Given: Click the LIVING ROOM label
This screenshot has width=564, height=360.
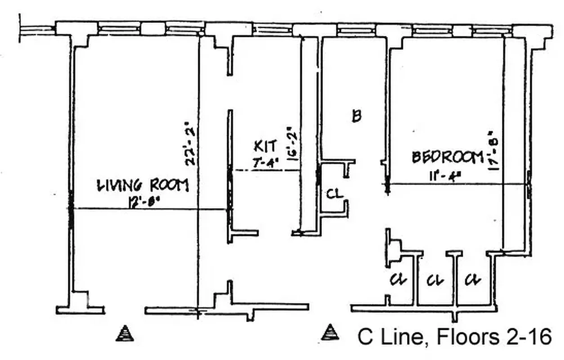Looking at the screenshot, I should tap(143, 185).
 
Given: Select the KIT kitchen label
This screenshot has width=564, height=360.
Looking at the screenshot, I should tap(265, 147).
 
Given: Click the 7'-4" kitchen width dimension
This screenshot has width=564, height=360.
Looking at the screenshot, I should tap(266, 163).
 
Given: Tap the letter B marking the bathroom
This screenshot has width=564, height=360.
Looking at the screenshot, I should tap(356, 117).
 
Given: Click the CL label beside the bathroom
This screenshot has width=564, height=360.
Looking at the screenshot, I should tap(334, 194).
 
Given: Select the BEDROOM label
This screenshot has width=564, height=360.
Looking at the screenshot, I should tap(447, 157).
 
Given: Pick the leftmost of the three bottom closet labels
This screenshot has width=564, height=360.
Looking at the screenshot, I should tap(398, 280).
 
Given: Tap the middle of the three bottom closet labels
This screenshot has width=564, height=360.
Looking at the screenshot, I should tap(434, 280).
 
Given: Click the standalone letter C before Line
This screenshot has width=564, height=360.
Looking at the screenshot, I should tap(365, 337).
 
